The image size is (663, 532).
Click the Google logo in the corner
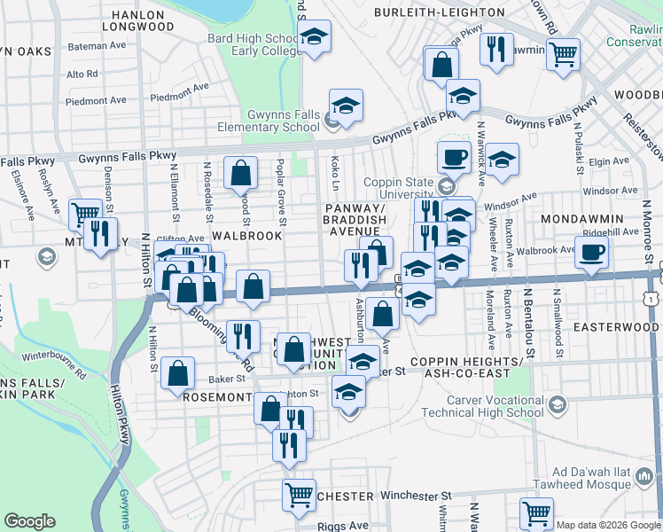click(x=29, y=521)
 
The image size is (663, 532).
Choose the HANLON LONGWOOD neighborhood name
click(x=137, y=20)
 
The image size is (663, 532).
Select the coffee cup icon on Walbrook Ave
click(x=591, y=250)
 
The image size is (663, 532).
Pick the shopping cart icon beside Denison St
click(x=84, y=213)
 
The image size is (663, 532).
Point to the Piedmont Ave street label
click(x=179, y=98)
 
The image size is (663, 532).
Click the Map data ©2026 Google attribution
click(x=609, y=525)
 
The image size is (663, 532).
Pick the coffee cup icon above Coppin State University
click(x=454, y=156)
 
